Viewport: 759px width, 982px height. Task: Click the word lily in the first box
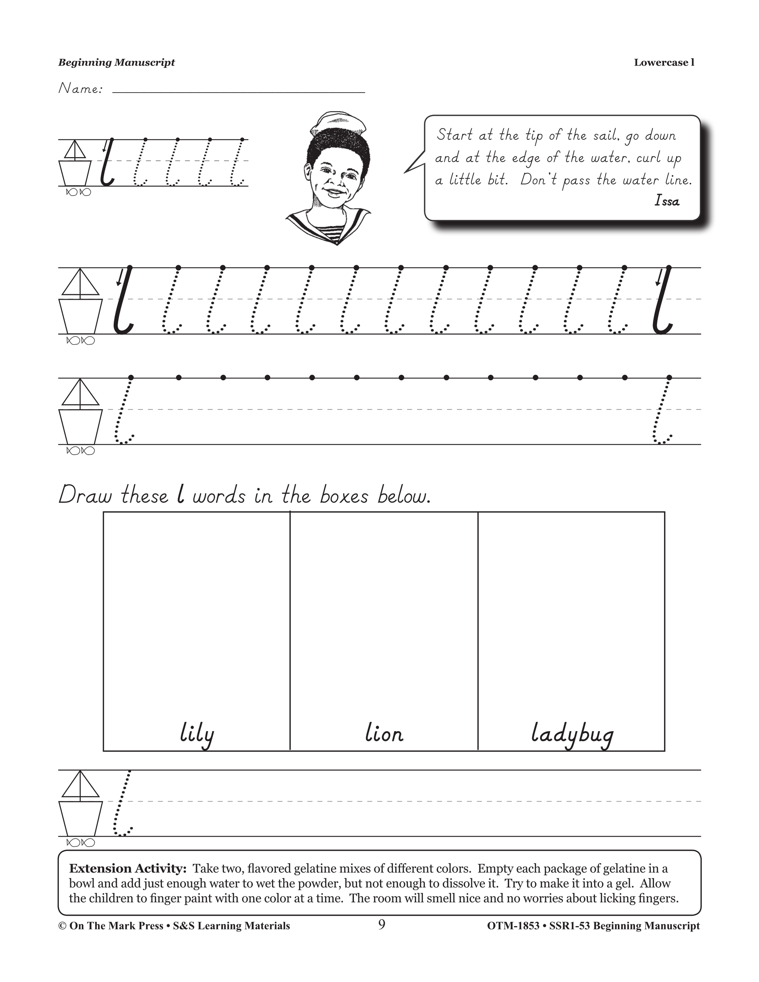[x=196, y=734]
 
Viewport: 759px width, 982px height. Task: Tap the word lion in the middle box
[x=384, y=734]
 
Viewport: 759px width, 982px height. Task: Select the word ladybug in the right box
[x=571, y=734]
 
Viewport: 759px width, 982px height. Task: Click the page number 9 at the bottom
[x=381, y=925]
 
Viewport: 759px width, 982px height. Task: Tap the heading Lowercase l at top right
[x=664, y=63]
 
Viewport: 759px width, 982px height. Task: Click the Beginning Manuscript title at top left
[x=116, y=63]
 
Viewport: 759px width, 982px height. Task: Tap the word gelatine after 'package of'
[x=625, y=868]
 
